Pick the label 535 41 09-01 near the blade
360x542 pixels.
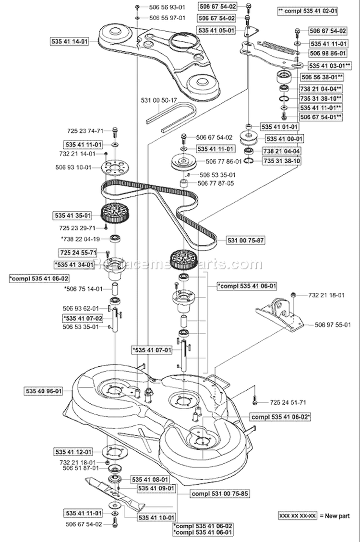pos(156,488)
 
